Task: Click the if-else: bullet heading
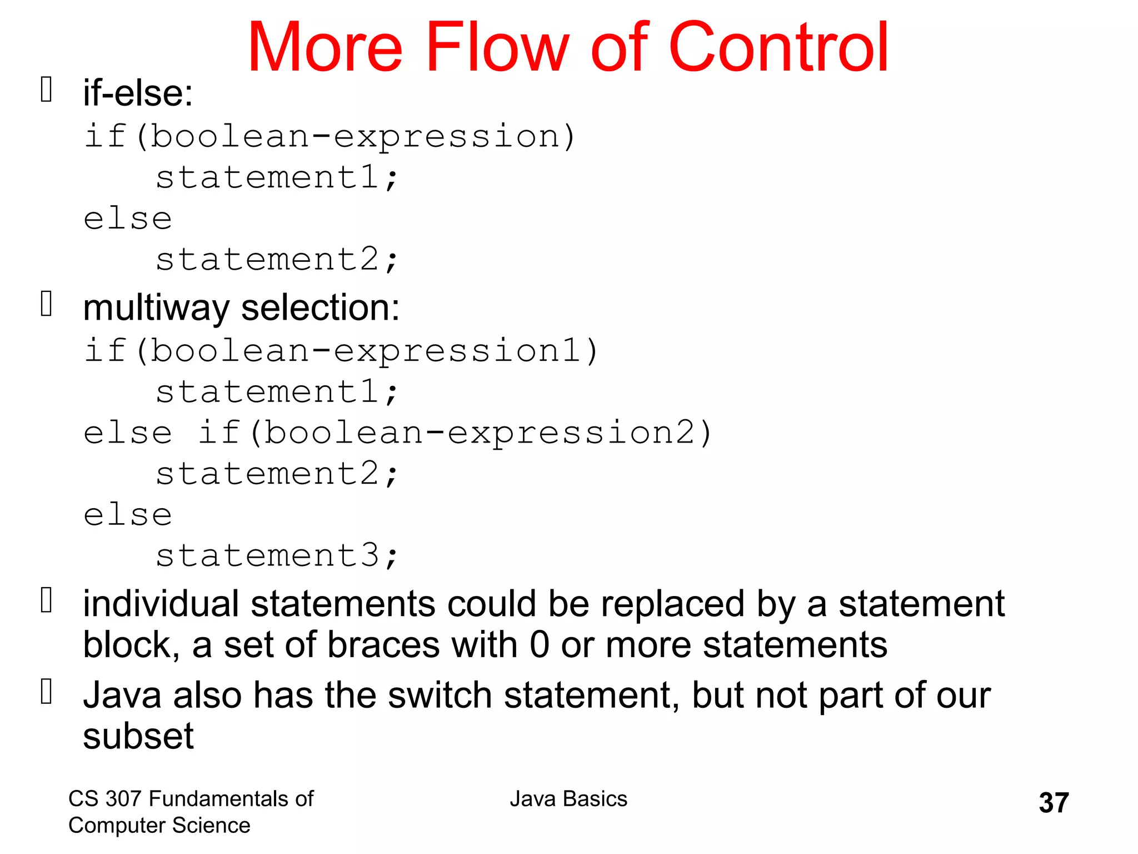coord(138,93)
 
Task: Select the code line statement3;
coord(277,555)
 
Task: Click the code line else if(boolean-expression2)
coord(397,433)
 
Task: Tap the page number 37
coord(1054,803)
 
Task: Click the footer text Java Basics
coord(568,799)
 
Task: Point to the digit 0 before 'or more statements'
coord(539,645)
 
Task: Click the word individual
coord(161,604)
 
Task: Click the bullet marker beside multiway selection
coord(47,304)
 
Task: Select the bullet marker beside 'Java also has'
coord(47,692)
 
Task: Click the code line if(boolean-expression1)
coord(340,351)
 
